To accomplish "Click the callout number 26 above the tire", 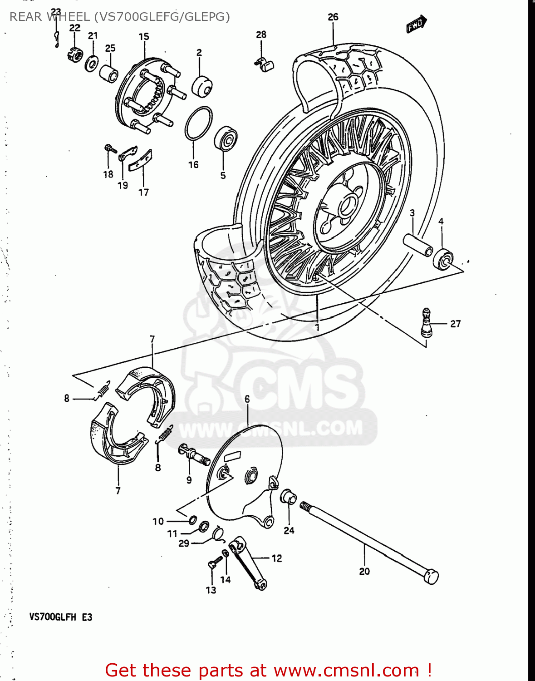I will [x=333, y=17].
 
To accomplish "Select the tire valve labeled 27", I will [x=426, y=323].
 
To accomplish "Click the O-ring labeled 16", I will [x=198, y=123].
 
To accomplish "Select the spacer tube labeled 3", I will [x=419, y=245].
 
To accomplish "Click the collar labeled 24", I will [x=289, y=497].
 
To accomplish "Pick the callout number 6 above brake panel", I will [x=247, y=399].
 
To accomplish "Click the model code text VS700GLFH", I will [x=53, y=617].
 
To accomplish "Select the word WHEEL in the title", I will [x=69, y=17].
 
